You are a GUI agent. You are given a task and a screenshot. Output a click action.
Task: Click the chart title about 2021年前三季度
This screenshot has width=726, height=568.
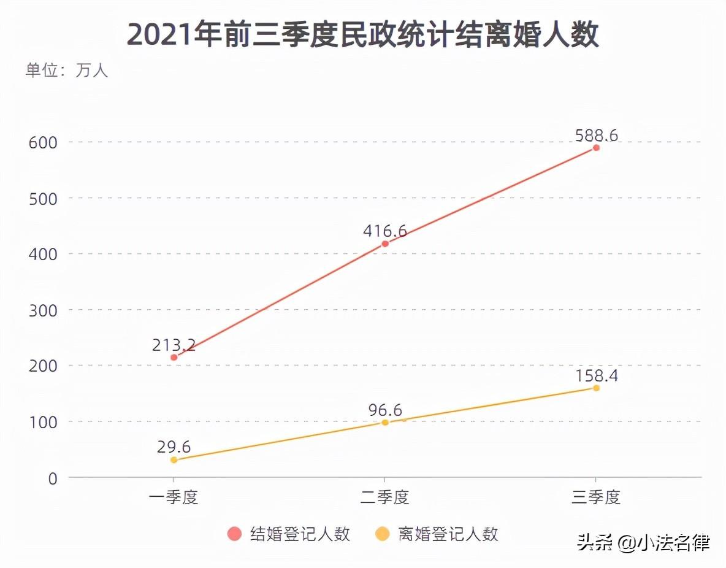point(362,34)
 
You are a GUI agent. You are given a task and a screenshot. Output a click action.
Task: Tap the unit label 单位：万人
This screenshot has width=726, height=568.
point(66,71)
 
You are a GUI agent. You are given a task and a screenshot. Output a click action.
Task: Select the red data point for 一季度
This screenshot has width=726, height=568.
point(174,357)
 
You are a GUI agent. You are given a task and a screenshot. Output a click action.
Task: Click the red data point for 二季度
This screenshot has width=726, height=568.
point(385,244)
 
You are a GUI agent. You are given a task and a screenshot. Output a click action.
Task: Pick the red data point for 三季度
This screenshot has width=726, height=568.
point(596,148)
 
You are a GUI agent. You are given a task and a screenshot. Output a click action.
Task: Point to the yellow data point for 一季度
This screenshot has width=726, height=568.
point(174,459)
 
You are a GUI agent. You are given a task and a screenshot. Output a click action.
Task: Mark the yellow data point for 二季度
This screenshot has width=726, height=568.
point(385,422)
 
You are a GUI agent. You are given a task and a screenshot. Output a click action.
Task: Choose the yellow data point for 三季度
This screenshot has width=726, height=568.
point(596,388)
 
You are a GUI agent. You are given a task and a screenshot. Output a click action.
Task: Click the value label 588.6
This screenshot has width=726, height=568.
point(596,135)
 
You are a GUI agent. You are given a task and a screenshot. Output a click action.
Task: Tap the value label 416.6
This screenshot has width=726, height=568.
point(385,231)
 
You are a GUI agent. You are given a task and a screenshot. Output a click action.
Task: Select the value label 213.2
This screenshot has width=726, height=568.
point(174,345)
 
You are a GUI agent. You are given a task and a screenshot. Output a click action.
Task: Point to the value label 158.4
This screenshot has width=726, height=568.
point(596,375)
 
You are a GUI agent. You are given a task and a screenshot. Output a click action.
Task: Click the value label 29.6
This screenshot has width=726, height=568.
point(174,447)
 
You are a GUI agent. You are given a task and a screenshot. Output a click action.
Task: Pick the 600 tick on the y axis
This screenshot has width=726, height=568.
point(43,142)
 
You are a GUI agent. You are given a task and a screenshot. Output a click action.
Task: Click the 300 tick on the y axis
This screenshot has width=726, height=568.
point(43,310)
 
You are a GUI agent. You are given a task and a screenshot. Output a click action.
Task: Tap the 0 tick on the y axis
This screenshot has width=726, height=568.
point(52,478)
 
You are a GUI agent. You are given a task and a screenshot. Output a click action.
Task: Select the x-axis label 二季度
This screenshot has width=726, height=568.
point(385,497)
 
